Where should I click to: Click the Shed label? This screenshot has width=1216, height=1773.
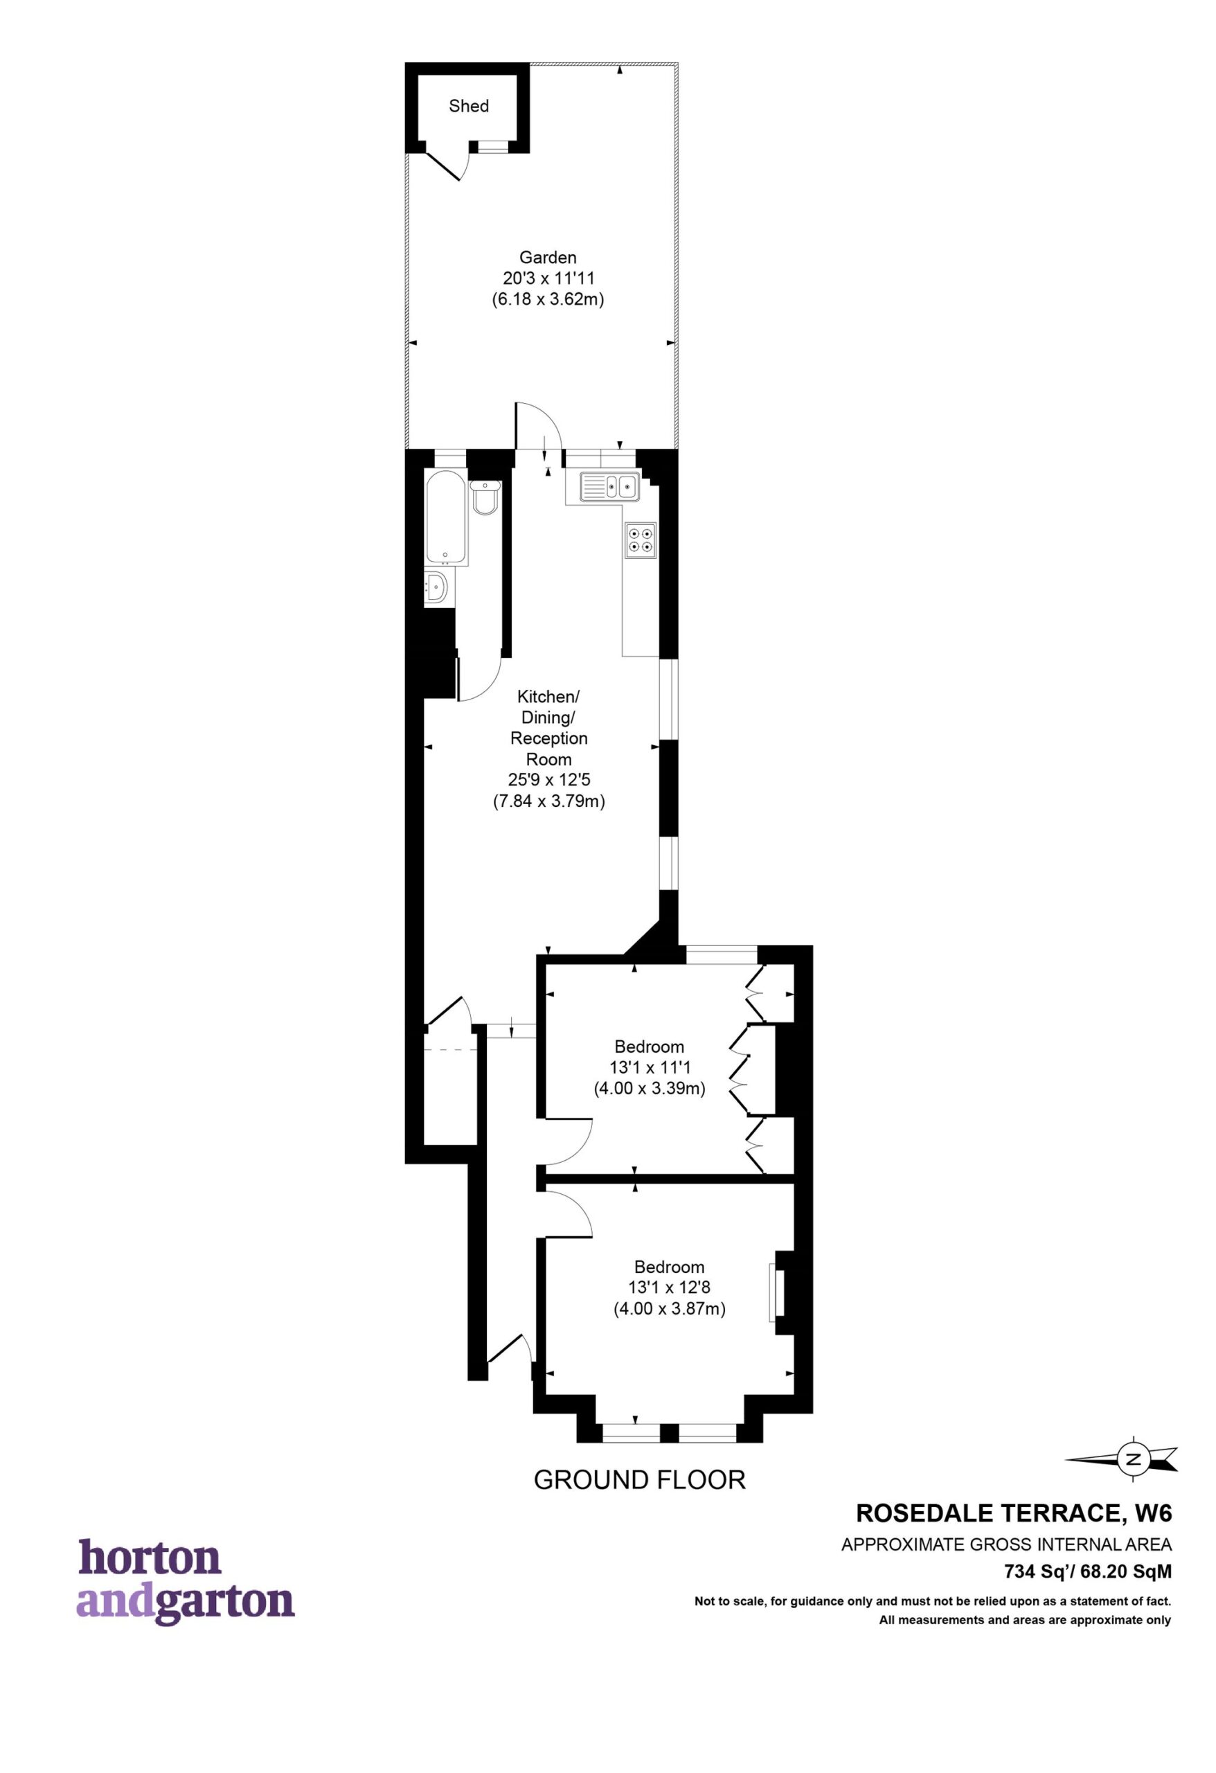pyautogui.click(x=468, y=106)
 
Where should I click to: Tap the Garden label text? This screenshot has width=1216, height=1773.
pyautogui.click(x=548, y=257)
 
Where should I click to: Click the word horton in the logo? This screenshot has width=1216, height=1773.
pyautogui.click(x=150, y=1558)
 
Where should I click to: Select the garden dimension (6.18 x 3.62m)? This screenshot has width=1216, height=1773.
pyautogui.click(x=548, y=300)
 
